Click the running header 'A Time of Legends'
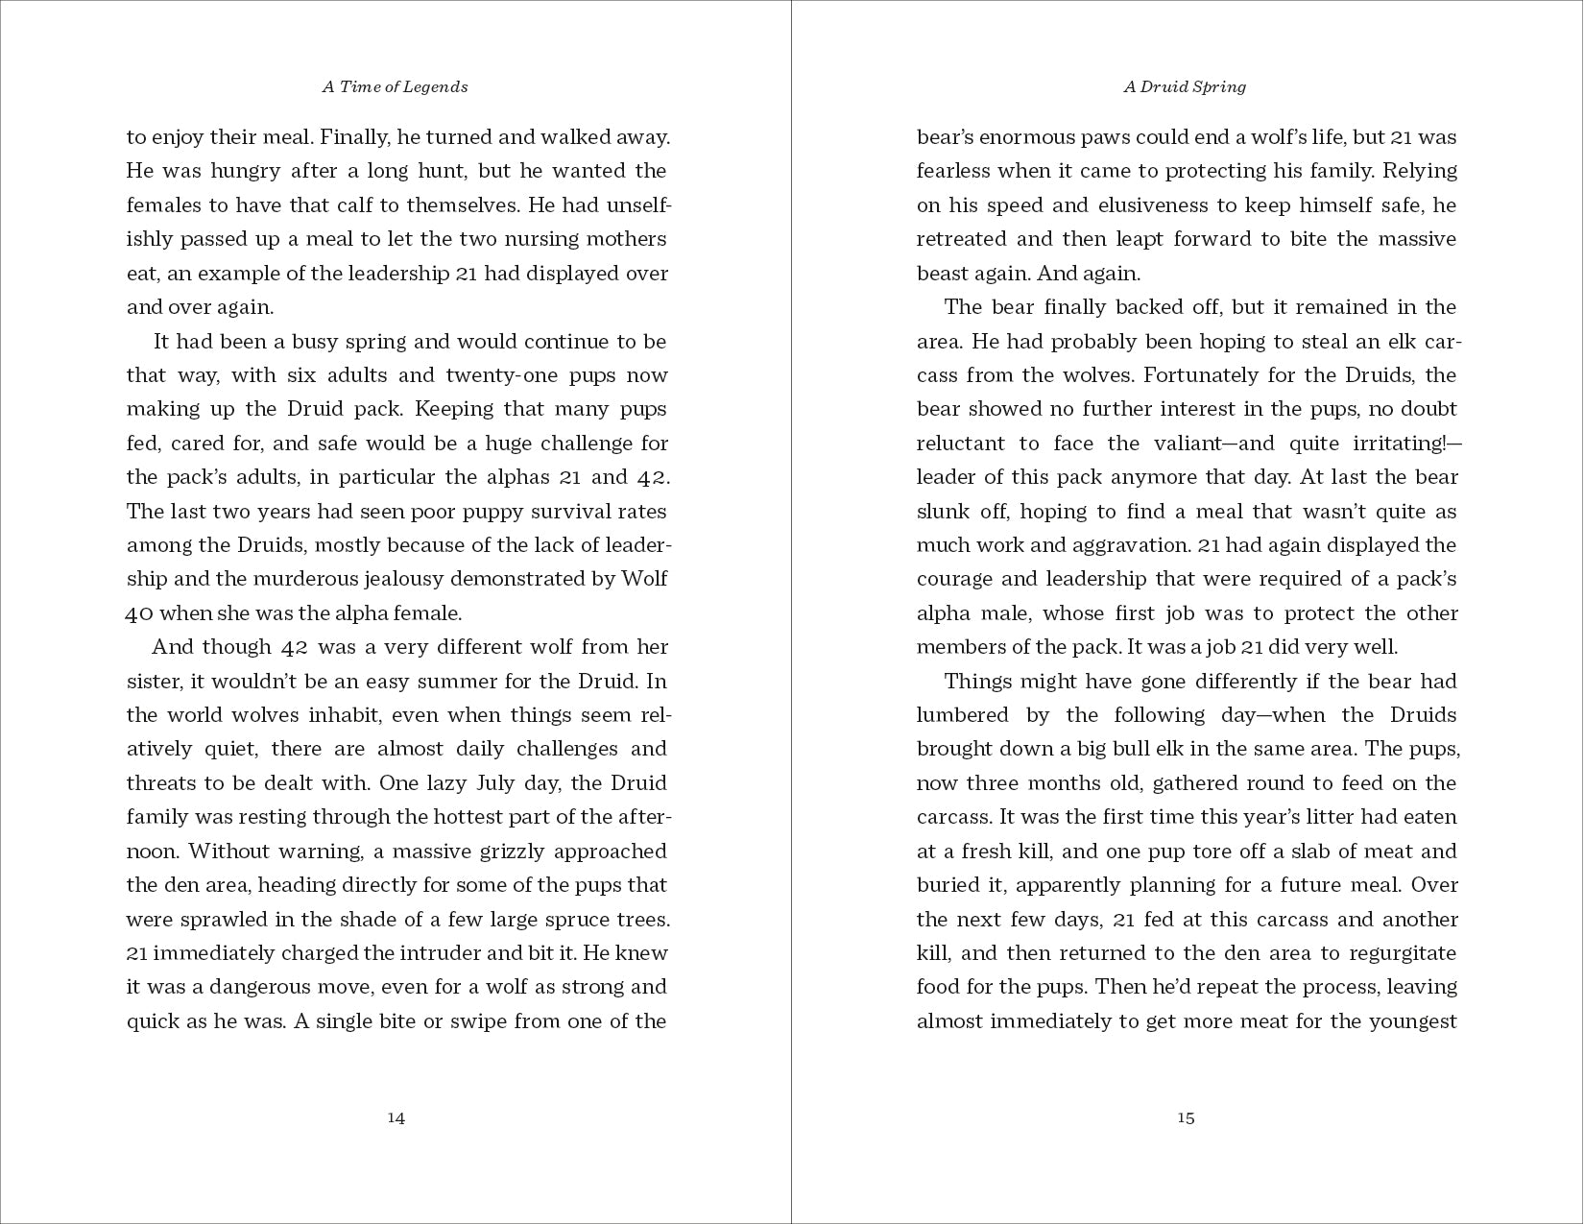[x=395, y=86]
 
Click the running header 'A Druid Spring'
[x=1185, y=86]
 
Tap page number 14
[x=396, y=1117]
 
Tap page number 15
[x=1186, y=1117]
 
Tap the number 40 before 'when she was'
[x=139, y=613]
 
